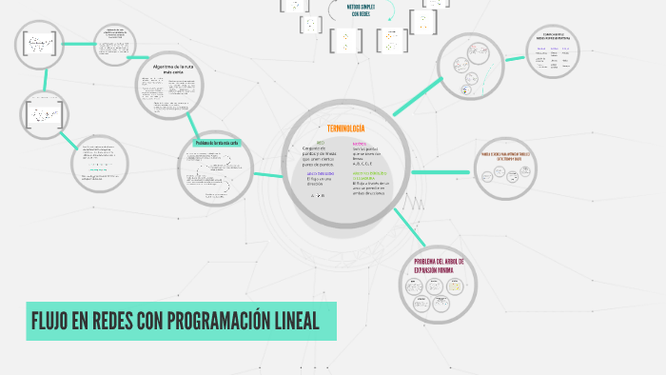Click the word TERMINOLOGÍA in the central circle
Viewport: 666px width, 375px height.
(345, 128)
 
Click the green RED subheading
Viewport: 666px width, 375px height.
(320, 142)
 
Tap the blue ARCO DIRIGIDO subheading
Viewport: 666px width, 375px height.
(320, 173)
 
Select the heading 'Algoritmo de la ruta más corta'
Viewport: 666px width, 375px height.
(172, 69)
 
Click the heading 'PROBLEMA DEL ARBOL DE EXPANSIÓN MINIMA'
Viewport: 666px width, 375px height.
(438, 266)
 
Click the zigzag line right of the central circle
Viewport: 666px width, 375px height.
(417, 203)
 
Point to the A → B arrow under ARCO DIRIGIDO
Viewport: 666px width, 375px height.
(318, 195)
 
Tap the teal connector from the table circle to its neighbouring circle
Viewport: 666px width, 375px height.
(516, 59)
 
